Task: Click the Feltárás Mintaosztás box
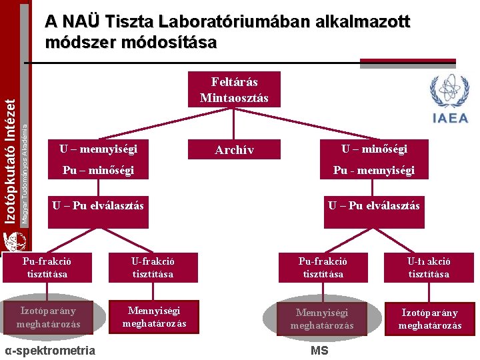[234, 89]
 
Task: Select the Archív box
[234, 150]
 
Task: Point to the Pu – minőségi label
[98, 171]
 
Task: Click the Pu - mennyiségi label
[374, 171]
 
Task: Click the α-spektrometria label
[50, 351]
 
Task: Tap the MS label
[319, 351]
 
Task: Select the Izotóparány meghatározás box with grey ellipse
[50, 317]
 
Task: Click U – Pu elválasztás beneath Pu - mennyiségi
[374, 205]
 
